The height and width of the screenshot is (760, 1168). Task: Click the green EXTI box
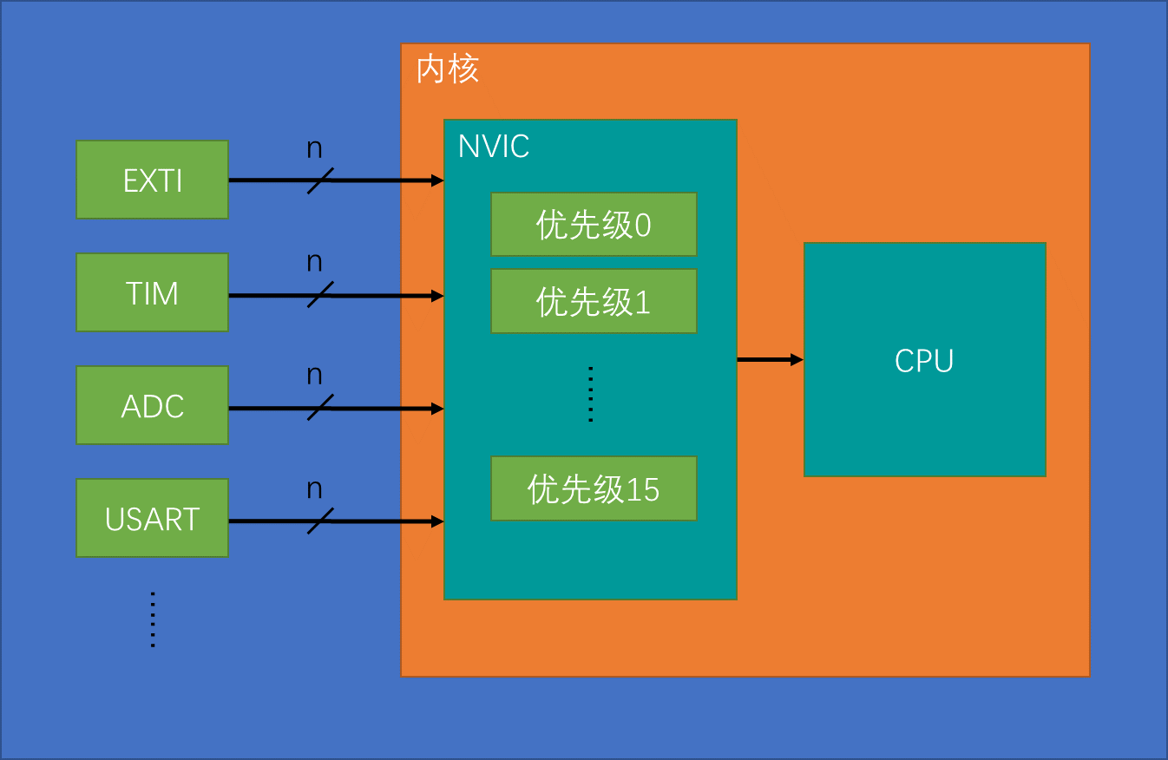152,180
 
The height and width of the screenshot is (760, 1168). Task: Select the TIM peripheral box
152,292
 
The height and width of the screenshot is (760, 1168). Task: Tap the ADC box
152,405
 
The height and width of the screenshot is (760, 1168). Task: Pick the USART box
152,518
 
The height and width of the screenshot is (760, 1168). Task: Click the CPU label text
924,361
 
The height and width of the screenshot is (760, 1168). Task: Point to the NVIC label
493,146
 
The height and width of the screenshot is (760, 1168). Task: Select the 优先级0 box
594,225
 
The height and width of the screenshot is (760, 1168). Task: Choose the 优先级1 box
594,301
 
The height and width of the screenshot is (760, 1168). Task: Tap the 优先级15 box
594,488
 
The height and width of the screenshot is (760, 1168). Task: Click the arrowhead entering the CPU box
797,359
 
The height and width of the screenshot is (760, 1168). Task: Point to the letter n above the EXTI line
314,149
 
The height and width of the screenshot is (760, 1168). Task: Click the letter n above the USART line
314,489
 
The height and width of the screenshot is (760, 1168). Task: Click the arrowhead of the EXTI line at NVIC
438,180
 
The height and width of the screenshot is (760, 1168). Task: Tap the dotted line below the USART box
153,619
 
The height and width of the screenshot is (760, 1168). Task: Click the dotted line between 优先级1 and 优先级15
590,394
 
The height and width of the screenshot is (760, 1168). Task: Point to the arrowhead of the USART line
438,521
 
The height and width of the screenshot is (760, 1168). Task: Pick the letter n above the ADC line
314,376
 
